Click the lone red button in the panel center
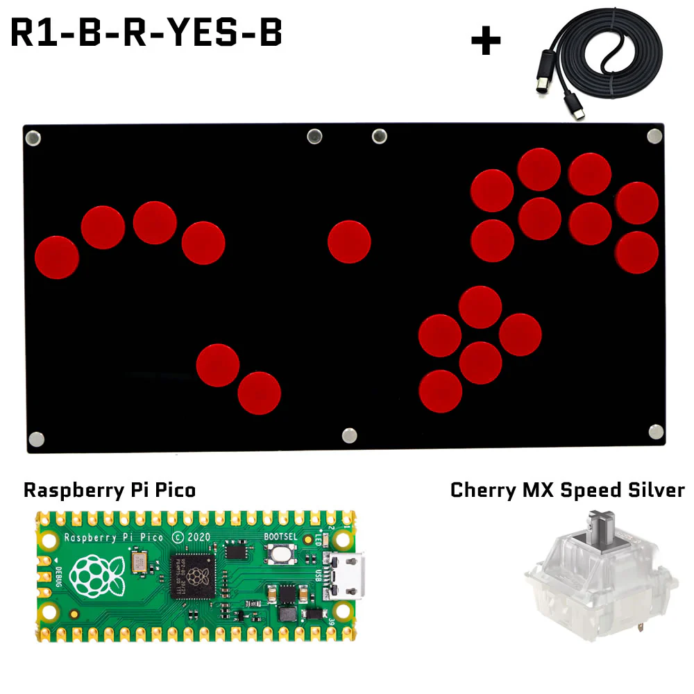349,242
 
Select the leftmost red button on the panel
57,257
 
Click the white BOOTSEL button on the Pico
281,553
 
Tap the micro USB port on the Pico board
347,575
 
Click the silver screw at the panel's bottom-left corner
36,439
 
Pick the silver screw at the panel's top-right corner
654,135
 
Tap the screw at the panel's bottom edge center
349,435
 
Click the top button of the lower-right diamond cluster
480,307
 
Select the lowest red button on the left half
259,393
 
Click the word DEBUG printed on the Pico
57,575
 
